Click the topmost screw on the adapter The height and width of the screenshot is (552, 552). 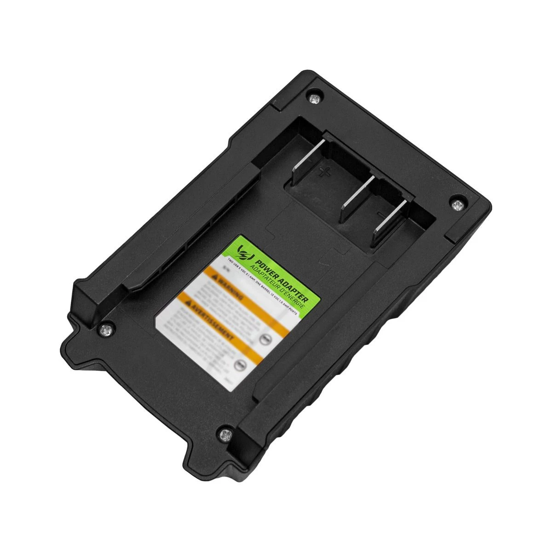tap(315, 98)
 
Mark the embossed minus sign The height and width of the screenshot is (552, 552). tap(380, 214)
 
